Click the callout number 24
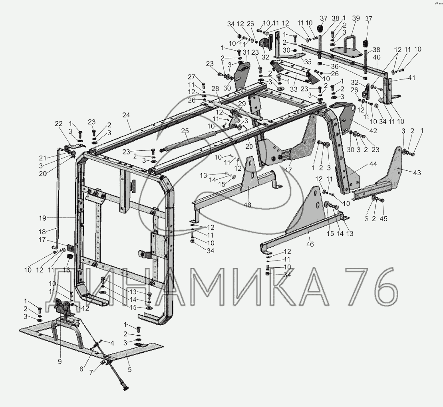tap(126, 115)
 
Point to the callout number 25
tap(185, 131)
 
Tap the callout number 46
tap(310, 244)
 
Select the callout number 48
tap(247, 205)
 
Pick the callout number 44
tap(373, 164)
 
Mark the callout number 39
tap(356, 18)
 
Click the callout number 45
tap(383, 218)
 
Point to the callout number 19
tap(43, 218)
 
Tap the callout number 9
tap(60, 362)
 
